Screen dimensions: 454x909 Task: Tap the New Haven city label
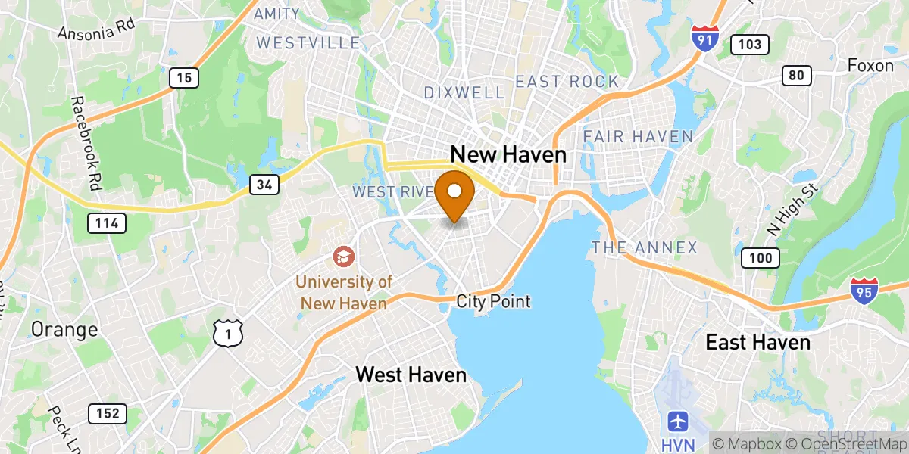[x=508, y=154]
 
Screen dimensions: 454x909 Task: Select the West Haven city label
[x=411, y=374]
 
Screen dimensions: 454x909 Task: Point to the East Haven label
[x=757, y=342]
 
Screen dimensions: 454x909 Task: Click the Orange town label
[x=64, y=330]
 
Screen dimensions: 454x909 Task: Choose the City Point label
[x=493, y=301]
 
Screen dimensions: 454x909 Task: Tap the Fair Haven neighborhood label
[x=638, y=137]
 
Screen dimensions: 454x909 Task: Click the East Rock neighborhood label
[x=567, y=82]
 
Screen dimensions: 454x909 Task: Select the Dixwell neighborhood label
[x=464, y=92]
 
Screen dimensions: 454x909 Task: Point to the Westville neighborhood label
[x=308, y=42]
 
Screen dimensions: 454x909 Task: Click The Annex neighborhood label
[x=644, y=247]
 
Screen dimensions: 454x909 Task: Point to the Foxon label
[x=870, y=66]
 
